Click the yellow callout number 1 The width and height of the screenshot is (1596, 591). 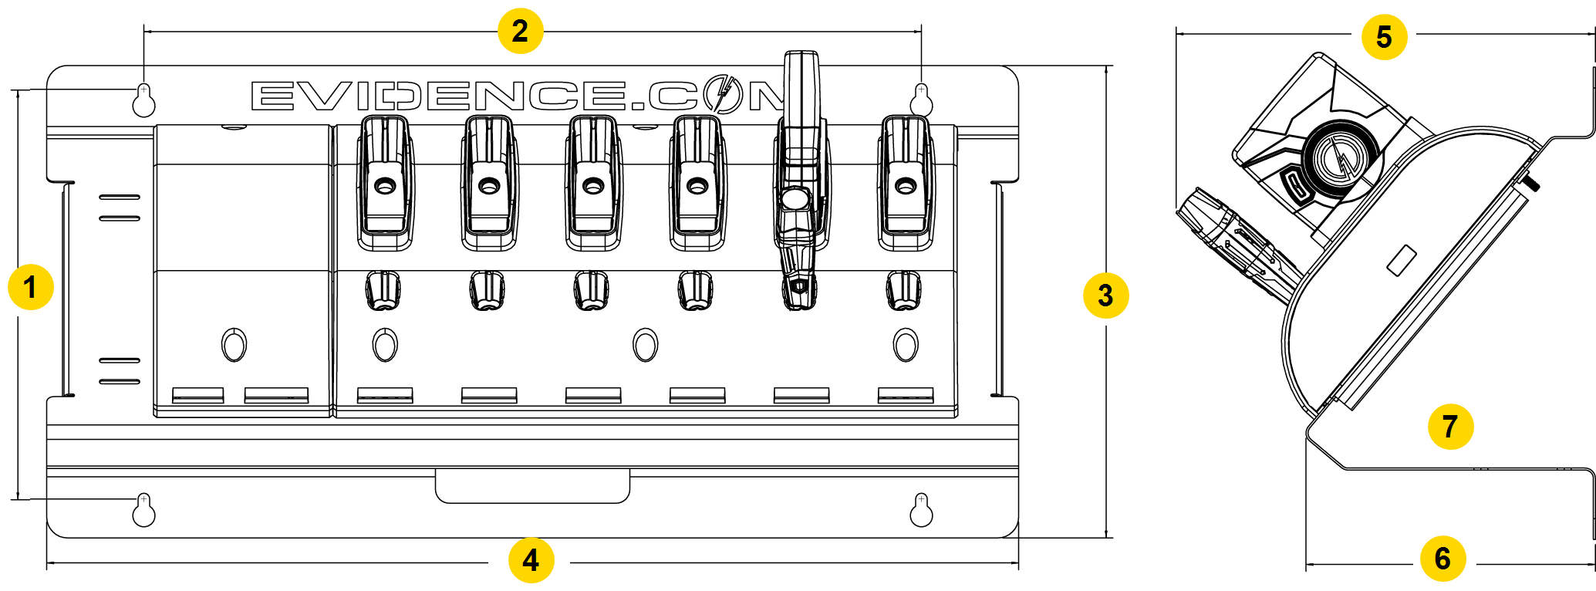click(30, 289)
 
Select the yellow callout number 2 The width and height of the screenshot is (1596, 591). click(520, 32)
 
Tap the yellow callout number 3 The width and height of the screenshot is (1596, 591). click(1105, 295)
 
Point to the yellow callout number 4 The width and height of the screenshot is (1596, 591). click(531, 560)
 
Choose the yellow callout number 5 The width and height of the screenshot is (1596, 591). click(1384, 37)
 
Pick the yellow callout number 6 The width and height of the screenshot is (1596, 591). click(1442, 559)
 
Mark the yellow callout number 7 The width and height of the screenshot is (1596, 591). click(1450, 426)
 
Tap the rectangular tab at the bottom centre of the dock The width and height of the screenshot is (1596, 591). click(532, 486)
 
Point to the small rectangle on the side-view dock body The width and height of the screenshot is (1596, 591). click(1402, 260)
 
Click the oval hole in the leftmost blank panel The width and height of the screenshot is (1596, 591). click(234, 345)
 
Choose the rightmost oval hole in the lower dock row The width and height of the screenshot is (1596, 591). click(906, 345)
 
